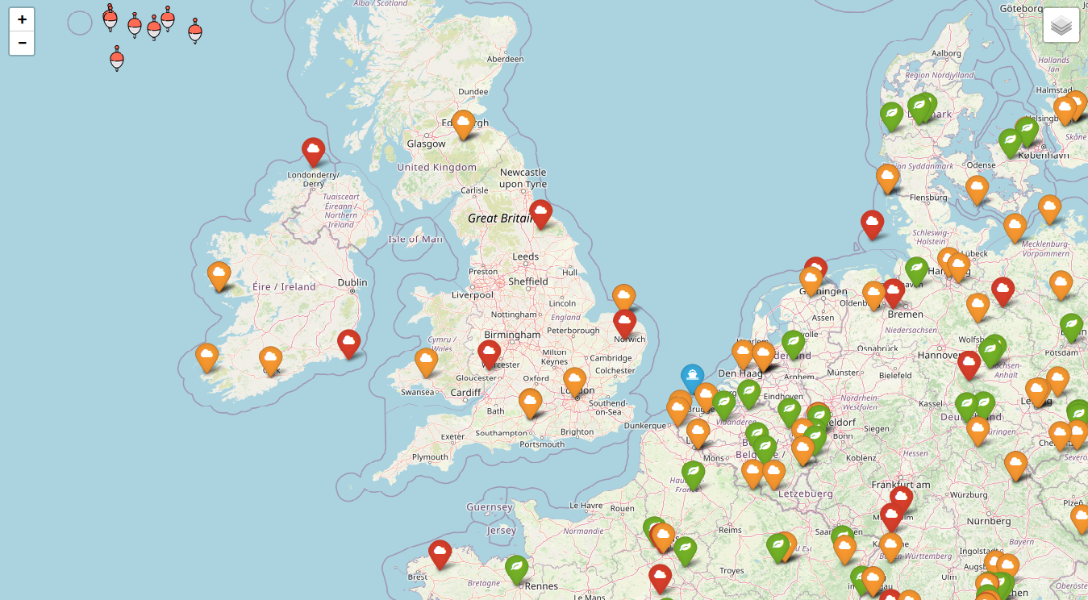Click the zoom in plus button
(x=22, y=19)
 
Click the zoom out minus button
(x=22, y=43)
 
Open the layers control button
(x=1061, y=25)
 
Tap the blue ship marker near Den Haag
(x=692, y=377)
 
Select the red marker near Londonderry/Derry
(x=313, y=150)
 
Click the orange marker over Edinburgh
(x=462, y=123)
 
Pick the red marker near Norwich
(x=624, y=322)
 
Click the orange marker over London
(x=574, y=380)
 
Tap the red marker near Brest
(x=440, y=553)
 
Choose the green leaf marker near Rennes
(x=516, y=568)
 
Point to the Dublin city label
(x=352, y=282)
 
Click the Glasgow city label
(x=426, y=144)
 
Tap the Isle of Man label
(x=415, y=239)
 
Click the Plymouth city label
(x=430, y=457)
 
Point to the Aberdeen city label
(x=506, y=59)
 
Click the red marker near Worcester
(x=489, y=352)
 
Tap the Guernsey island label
(x=489, y=507)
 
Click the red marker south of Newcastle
(x=541, y=213)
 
